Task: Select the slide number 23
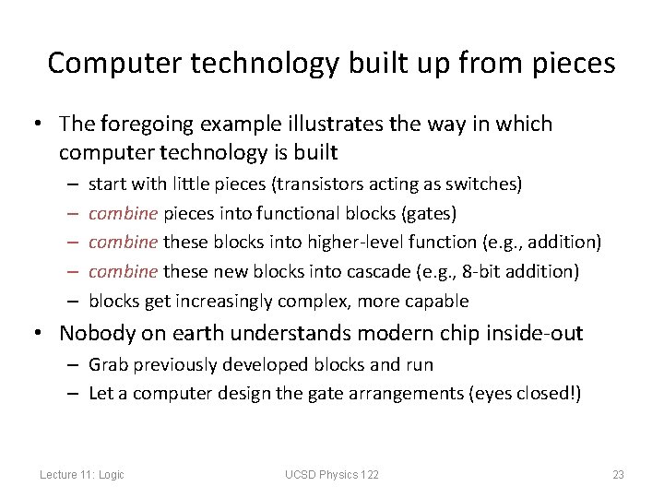(x=618, y=475)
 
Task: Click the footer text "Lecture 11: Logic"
(x=82, y=475)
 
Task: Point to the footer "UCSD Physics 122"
(x=331, y=475)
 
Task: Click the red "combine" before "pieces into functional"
(x=124, y=213)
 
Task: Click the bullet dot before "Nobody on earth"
(x=42, y=333)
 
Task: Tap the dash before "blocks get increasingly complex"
(x=71, y=302)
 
